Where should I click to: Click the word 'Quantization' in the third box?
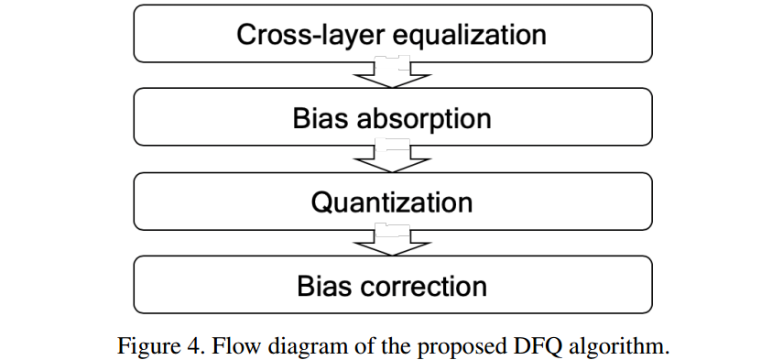coord(392,202)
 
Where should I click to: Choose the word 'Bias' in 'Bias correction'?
coord(321,286)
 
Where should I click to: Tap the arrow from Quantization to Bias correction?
coord(392,241)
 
